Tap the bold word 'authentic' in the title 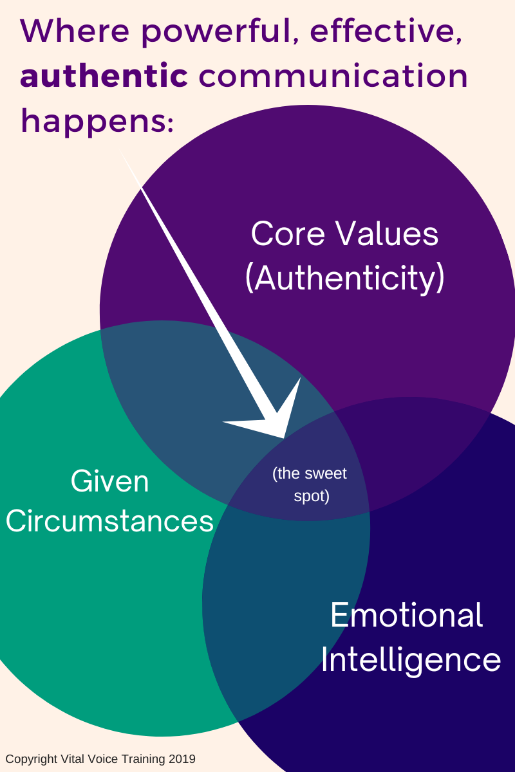pos(104,76)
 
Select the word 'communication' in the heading pos(333,76)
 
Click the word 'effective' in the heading pos(373,31)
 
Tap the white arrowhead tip pos(283,437)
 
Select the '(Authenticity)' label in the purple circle pos(344,279)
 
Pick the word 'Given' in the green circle pos(109,481)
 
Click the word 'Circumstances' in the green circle pos(109,520)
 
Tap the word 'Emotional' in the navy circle pos(406,616)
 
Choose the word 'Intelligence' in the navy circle pos(411,660)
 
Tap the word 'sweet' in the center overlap pos(326,474)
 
